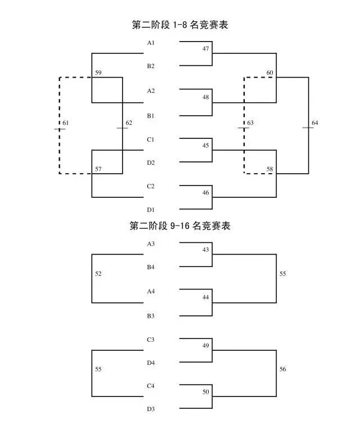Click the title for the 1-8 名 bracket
180,25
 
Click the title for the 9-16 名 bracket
180,225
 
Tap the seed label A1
151,43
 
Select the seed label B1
151,116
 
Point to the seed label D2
151,162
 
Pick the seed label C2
151,186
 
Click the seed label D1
151,210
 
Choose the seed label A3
151,244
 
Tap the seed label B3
151,316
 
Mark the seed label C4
151,386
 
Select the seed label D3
151,409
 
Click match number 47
206,48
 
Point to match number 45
206,146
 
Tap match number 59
98,73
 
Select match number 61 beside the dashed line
65,123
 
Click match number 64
315,123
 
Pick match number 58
270,169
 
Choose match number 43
206,250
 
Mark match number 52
98,274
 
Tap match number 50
206,392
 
